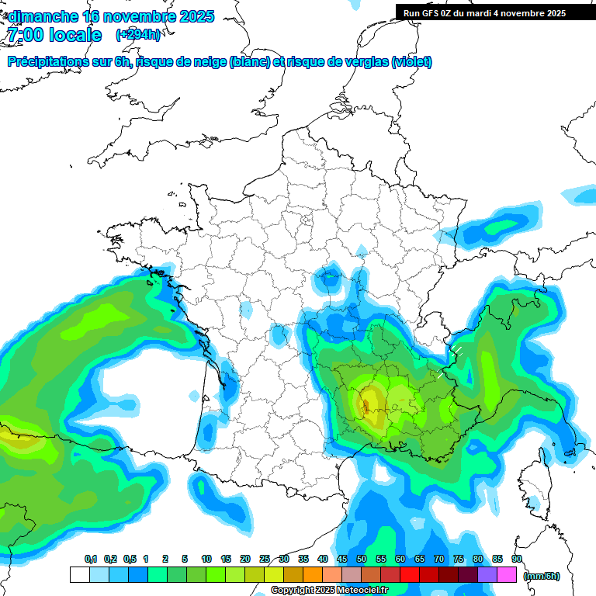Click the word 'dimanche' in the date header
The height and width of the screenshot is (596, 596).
42,16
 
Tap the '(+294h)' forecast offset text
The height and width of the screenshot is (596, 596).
138,35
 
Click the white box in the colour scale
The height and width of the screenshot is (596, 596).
79,575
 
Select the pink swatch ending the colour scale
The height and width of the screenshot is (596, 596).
506,575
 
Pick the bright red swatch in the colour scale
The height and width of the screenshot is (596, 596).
409,575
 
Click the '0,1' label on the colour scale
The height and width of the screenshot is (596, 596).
90,559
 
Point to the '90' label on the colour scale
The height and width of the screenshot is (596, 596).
516,559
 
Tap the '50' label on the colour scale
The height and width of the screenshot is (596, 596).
362,559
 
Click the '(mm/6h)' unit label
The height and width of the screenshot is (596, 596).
541,576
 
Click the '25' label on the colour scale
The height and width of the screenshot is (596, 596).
265,559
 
